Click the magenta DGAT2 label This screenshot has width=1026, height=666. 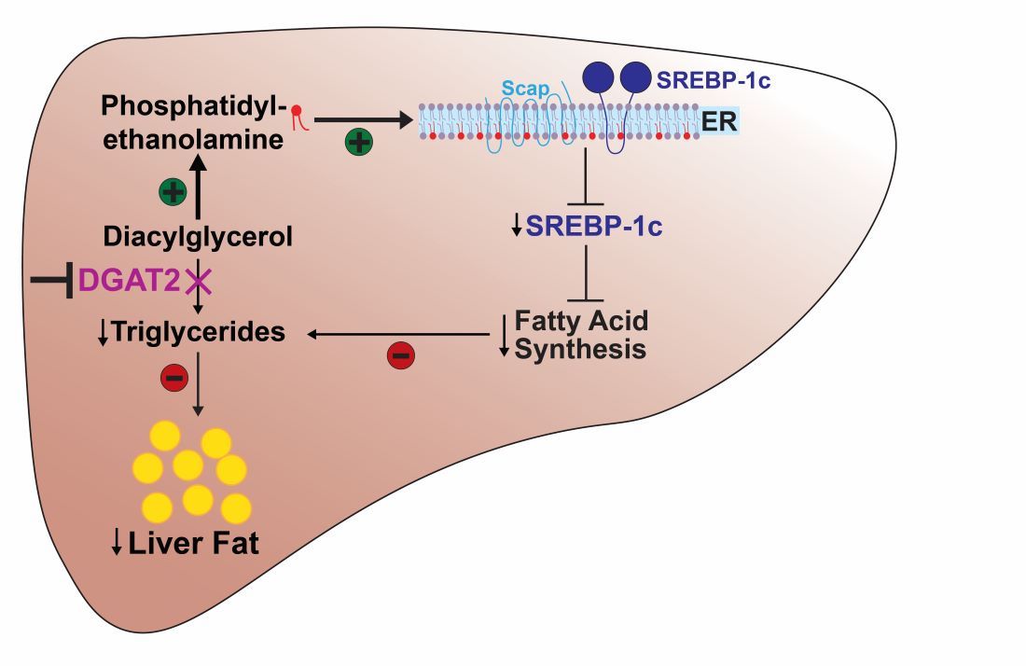pos(129,279)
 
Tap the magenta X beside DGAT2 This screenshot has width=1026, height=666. pos(198,279)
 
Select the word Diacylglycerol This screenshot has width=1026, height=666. pos(199,237)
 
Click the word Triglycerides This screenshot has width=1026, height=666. pos(198,332)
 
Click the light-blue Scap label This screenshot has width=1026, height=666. pos(524,89)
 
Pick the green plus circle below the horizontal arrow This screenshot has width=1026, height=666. pos(359,143)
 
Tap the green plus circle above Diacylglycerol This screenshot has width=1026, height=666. pos(172,192)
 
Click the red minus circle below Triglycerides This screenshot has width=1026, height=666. pos(175,377)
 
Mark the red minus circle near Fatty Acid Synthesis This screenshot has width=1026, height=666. pos(400,354)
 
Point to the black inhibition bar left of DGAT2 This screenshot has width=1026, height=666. pos(52,279)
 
